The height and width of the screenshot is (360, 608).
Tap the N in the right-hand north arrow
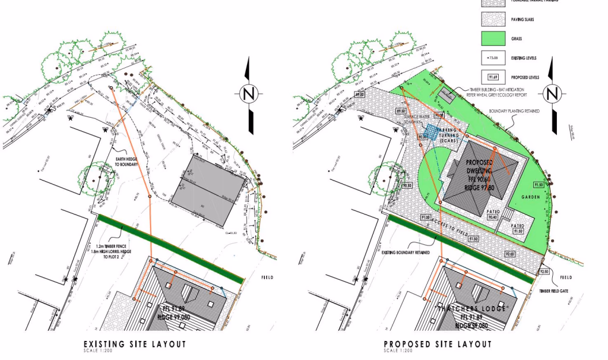click(x=553, y=94)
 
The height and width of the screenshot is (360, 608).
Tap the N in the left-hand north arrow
click(x=248, y=94)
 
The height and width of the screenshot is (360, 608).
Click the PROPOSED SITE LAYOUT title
click(x=437, y=344)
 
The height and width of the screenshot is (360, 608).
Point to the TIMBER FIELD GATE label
click(x=554, y=291)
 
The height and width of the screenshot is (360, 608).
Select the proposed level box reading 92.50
click(x=544, y=271)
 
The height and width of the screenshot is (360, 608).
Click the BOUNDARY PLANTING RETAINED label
click(x=514, y=111)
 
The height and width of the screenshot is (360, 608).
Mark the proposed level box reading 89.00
click(x=359, y=94)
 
